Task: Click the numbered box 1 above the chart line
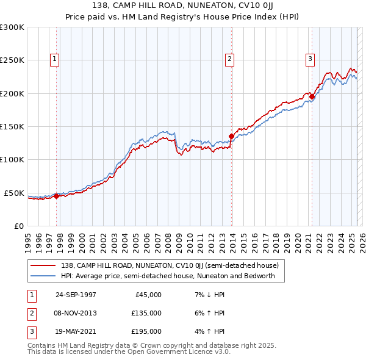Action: coord(55,59)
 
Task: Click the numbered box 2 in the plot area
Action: coord(229,59)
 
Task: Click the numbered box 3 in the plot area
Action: coord(310,59)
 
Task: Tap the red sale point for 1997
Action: coord(57,196)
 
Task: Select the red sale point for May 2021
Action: coord(312,96)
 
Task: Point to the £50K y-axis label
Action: coord(13,193)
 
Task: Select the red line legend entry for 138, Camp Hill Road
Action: coord(169,265)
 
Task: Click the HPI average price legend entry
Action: coord(168,276)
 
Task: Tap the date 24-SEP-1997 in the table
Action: coord(76,295)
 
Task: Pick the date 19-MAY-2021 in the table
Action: coord(76,331)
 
